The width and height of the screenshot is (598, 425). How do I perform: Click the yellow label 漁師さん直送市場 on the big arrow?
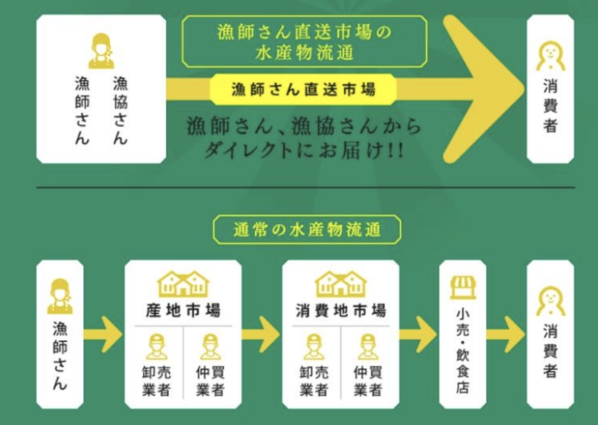tap(303, 89)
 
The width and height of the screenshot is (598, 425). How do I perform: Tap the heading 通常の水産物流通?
tap(307, 230)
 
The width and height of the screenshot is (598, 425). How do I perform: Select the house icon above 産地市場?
tap(183, 284)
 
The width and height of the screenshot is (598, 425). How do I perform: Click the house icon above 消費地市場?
tap(341, 284)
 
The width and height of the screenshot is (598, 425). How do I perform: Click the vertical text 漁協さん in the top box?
tap(120, 110)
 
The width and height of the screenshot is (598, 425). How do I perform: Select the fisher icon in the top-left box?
tap(101, 51)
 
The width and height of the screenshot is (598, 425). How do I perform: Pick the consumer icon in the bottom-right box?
tap(550, 303)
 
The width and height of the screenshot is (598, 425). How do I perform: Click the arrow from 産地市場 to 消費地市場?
tap(262, 335)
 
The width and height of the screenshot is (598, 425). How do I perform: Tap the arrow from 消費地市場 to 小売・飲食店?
tap(419, 335)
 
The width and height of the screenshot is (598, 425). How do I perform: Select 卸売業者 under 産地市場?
tap(156, 381)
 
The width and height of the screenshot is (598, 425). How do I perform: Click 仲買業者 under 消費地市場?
tap(368, 381)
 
